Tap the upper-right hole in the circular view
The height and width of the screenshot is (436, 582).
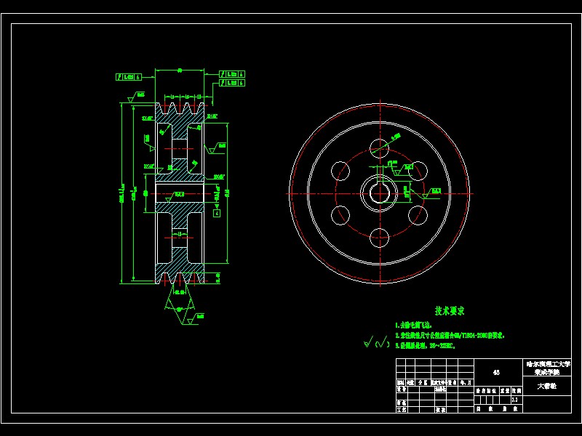(417, 171)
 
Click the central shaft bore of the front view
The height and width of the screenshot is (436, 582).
(380, 193)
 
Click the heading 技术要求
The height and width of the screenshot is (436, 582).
(450, 311)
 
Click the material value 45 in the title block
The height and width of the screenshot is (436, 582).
(496, 372)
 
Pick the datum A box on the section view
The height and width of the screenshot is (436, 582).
(217, 213)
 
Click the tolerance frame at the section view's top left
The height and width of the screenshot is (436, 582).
(129, 76)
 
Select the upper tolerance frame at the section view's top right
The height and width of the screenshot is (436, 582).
(233, 73)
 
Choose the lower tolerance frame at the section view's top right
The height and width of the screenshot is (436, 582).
(233, 83)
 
